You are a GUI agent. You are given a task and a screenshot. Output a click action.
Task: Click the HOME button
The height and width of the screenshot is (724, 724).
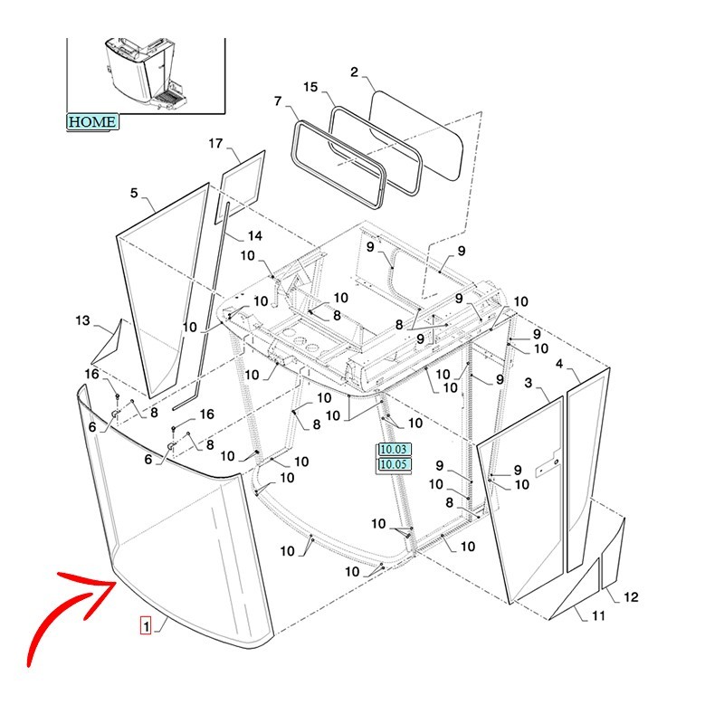(92, 121)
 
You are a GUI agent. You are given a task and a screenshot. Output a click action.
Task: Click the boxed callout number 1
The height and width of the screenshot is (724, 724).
(146, 624)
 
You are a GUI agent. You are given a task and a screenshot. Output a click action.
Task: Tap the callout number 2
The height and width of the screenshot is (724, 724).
(355, 72)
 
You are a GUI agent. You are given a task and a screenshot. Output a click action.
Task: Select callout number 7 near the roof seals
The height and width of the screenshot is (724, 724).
(278, 100)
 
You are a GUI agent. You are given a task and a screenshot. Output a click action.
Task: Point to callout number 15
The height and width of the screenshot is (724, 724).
(310, 88)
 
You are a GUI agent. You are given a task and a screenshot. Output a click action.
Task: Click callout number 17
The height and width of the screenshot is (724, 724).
(215, 144)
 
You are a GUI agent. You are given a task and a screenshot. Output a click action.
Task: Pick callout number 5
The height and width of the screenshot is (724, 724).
(134, 193)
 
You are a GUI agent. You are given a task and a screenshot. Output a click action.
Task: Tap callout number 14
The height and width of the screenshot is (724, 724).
(255, 236)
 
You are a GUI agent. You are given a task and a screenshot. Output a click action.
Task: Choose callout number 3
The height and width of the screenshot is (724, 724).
(529, 385)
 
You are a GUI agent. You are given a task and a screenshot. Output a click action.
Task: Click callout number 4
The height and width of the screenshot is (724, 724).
(559, 364)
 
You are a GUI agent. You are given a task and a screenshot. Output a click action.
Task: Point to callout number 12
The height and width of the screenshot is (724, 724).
(631, 597)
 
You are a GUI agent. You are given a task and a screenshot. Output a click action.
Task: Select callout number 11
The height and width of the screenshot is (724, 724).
(598, 616)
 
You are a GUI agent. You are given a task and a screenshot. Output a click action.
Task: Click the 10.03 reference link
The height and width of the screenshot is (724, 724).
(395, 449)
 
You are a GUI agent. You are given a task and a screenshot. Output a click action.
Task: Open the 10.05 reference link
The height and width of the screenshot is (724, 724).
(395, 464)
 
